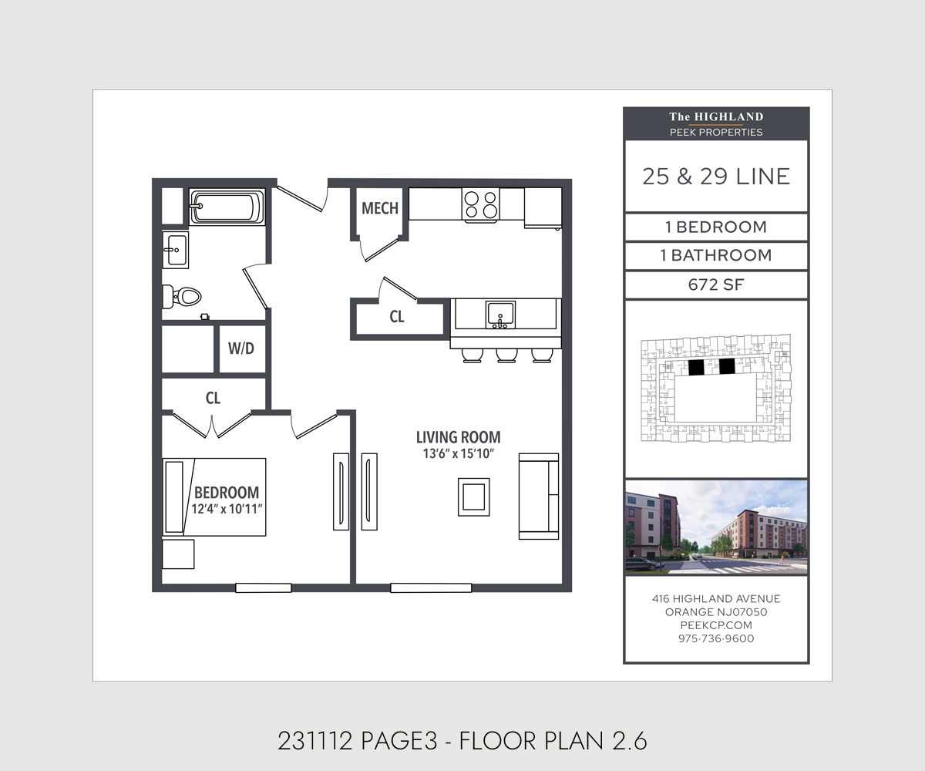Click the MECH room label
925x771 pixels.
pos(380,208)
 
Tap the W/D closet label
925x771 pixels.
pos(241,348)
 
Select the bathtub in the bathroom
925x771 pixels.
pos(227,207)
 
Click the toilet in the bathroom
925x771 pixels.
pos(182,296)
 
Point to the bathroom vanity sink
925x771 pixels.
pos(176,250)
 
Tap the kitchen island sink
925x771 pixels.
pos(500,315)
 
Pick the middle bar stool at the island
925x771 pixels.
pos(506,355)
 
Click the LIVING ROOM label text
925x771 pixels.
pos(458,437)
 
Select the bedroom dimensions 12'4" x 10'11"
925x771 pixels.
pos(227,509)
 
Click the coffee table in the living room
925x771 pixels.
pos(473,497)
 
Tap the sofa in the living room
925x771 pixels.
pos(539,497)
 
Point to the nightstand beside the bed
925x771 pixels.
pos(178,554)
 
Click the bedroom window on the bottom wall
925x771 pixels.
pos(263,588)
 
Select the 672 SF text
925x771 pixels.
pos(716,284)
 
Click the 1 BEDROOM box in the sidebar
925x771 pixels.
pos(716,227)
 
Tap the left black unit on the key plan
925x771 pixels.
pos(696,367)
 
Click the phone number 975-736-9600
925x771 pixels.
pos(716,638)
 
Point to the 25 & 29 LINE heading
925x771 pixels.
pos(716,177)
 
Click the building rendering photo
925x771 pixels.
pos(716,527)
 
